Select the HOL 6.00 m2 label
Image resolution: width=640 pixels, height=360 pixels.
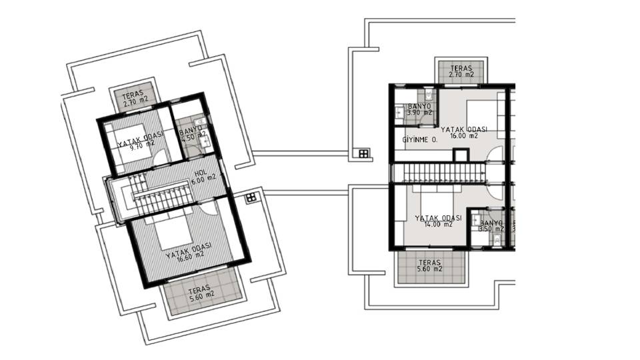(x=201, y=177)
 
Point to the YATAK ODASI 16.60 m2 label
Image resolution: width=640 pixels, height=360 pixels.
(x=189, y=251)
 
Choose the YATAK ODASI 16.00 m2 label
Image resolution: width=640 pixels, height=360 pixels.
(x=464, y=132)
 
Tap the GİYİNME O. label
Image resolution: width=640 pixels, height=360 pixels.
(x=420, y=140)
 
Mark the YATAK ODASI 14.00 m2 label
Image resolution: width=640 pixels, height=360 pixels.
(x=438, y=221)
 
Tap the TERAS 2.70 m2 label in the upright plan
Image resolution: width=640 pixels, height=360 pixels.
(x=461, y=72)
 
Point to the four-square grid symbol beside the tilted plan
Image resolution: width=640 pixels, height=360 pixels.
(x=251, y=197)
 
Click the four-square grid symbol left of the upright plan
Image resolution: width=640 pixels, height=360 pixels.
(x=363, y=154)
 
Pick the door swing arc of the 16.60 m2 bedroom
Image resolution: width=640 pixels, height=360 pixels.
(x=208, y=206)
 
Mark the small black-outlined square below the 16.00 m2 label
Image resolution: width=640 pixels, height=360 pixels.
(x=460, y=155)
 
